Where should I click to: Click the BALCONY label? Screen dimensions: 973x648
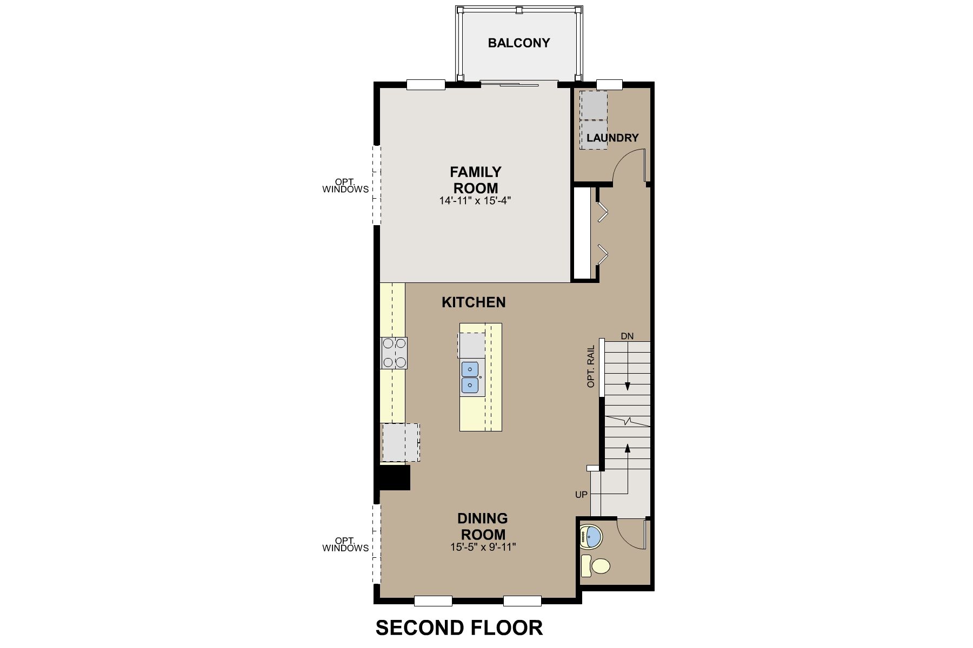(518, 43)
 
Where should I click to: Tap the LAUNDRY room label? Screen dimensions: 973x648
(612, 138)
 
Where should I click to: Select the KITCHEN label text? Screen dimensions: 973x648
(474, 302)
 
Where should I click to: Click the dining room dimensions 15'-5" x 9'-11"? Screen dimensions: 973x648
(482, 547)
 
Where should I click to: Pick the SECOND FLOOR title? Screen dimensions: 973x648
(459, 628)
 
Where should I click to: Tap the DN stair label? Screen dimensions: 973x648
(627, 336)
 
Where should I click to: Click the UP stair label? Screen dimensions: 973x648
(581, 494)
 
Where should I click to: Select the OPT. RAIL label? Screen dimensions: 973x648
(591, 367)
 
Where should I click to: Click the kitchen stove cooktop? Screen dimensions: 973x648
(394, 353)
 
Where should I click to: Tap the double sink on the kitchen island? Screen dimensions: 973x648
(470, 377)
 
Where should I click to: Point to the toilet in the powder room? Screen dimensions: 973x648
(595, 566)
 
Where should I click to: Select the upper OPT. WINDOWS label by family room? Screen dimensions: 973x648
(345, 186)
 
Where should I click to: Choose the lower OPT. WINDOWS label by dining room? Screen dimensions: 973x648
(345, 544)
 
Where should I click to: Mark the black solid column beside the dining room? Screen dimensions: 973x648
(395, 478)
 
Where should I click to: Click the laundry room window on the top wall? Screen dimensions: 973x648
(609, 84)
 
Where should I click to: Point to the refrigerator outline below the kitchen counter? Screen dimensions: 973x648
(401, 442)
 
